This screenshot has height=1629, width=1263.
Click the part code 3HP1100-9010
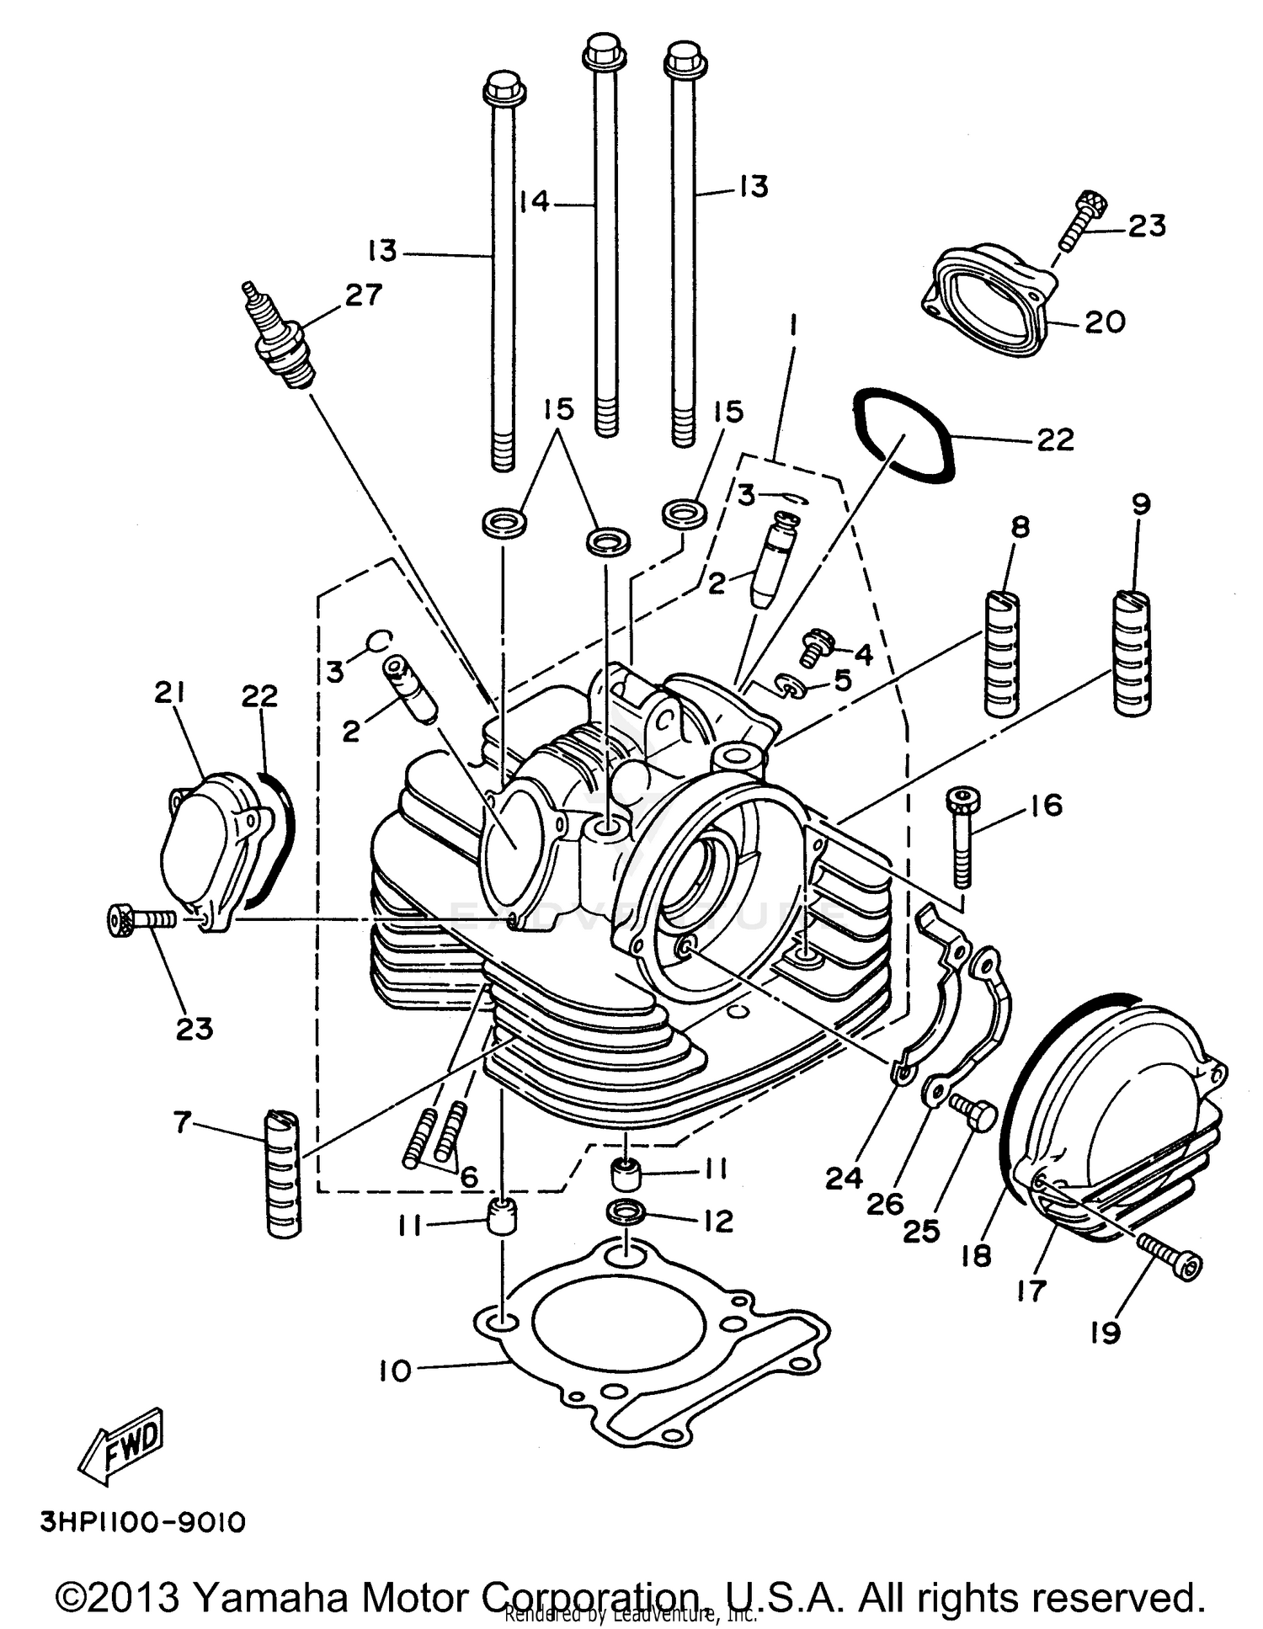tap(142, 1522)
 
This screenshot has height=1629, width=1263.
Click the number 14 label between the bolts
tap(534, 202)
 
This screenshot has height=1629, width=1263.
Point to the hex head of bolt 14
tap(604, 51)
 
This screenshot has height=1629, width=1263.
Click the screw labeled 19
tap(1170, 1254)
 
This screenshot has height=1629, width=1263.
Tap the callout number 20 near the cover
tap(1105, 322)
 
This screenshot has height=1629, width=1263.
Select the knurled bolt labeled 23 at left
tap(140, 919)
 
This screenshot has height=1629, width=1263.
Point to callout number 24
tap(844, 1179)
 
